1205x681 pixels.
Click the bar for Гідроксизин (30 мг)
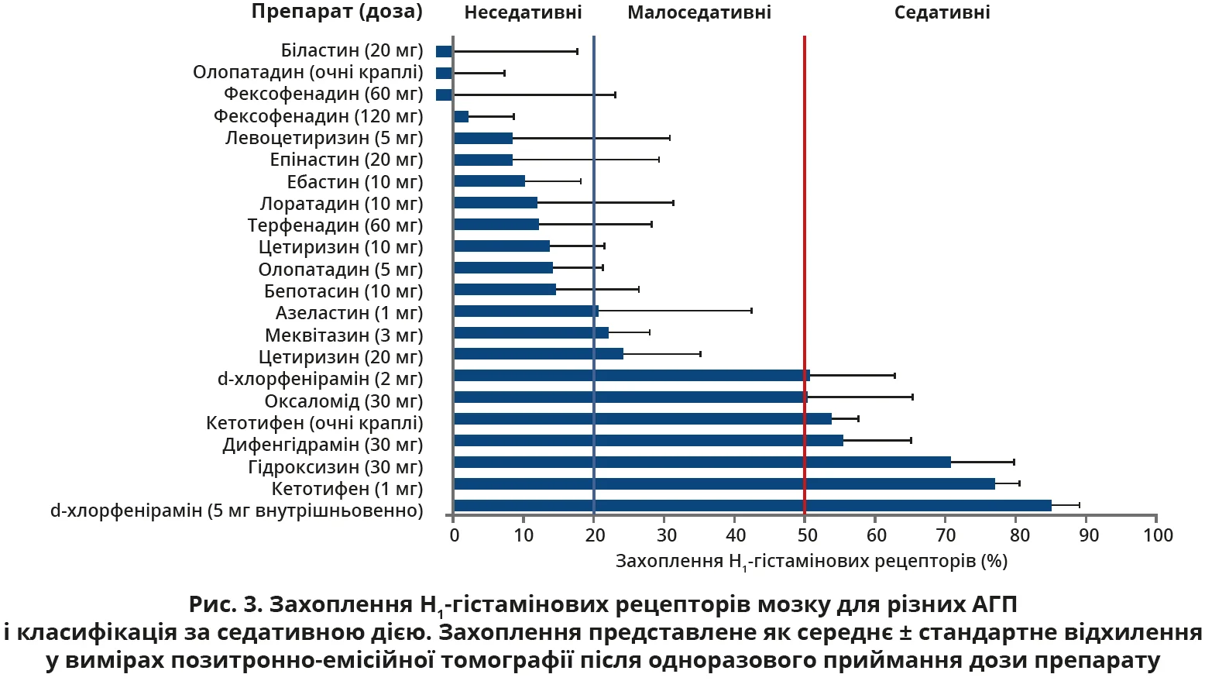click(702, 463)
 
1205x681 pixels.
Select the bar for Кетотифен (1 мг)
click(724, 484)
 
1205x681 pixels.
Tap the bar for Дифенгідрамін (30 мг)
click(648, 441)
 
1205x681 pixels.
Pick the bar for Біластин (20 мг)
click(444, 52)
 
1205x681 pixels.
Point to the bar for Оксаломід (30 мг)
click(630, 397)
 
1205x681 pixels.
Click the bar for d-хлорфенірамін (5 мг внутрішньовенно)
click(752, 506)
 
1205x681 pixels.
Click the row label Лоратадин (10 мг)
click(342, 204)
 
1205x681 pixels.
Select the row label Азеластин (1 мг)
click(349, 313)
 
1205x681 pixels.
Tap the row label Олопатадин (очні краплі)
click(308, 72)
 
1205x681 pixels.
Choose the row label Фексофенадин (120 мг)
click(318, 116)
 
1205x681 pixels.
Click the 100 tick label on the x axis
click(1158, 535)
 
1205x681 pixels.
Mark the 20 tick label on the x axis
click(594, 535)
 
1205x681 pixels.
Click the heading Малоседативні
click(699, 12)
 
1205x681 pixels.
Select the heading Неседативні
click(523, 12)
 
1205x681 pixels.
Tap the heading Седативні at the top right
click(942, 12)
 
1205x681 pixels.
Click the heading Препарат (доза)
click(337, 12)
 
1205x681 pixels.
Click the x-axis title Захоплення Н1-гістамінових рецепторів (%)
click(811, 561)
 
